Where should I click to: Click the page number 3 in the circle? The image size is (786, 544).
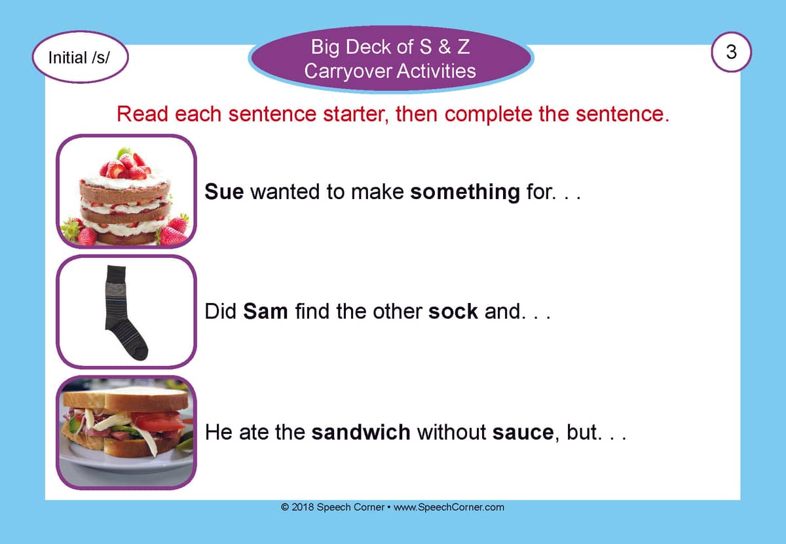[731, 52]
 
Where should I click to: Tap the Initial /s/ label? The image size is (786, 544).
[79, 58]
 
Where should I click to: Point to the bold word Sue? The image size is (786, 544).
[224, 192]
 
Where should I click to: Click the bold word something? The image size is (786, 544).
[465, 192]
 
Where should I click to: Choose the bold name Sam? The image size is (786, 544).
[265, 312]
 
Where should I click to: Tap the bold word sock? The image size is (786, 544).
[453, 312]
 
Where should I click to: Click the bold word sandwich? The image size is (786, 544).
[361, 432]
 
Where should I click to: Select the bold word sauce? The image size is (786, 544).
[523, 433]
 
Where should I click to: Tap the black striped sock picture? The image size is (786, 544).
[126, 312]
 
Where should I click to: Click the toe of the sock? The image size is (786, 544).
[140, 352]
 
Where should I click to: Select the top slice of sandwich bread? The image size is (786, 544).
[126, 399]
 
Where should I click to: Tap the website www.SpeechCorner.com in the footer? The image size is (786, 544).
[449, 507]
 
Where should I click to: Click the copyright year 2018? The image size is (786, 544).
[303, 507]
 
